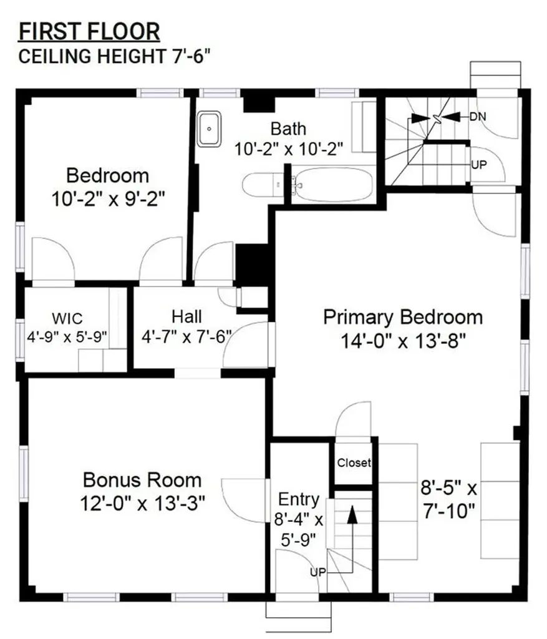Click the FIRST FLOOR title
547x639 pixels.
coord(89,32)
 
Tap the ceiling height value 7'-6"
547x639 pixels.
coord(192,56)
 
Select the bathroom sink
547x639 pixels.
coord(210,129)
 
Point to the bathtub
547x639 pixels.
coord(332,185)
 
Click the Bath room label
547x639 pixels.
coord(288,129)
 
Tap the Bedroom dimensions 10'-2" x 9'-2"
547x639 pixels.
coord(109,199)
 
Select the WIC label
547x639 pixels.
coord(67,318)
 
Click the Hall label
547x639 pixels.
coord(186,316)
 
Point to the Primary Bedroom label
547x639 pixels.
coord(403,317)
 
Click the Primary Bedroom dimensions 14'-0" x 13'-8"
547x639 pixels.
coord(403,341)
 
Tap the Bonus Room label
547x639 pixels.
coord(142,480)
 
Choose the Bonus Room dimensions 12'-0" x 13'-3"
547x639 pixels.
coord(142,504)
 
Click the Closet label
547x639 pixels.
coord(354,462)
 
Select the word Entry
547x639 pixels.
coord(299,500)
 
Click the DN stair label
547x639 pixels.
coord(478,117)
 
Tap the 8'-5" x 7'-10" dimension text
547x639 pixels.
coord(448,499)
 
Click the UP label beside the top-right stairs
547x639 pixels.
coord(479,165)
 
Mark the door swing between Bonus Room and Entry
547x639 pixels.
coord(244,500)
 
